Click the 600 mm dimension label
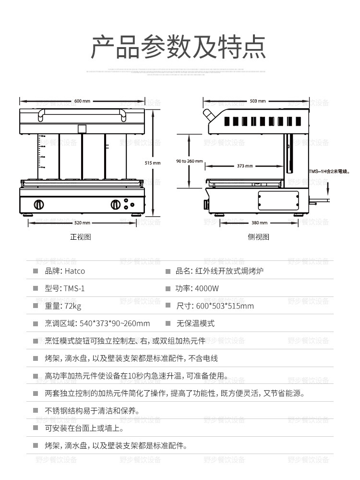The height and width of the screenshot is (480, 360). [82, 101]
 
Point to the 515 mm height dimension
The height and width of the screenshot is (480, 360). [153, 163]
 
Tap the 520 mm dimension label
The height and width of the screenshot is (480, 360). [82, 223]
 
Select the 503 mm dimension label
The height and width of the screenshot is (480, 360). [258, 101]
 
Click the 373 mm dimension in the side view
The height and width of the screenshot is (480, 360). [245, 166]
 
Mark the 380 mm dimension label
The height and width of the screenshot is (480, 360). [259, 223]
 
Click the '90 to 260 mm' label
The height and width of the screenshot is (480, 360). [190, 161]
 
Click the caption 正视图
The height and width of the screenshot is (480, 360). [81, 237]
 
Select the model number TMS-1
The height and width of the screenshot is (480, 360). [74, 289]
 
